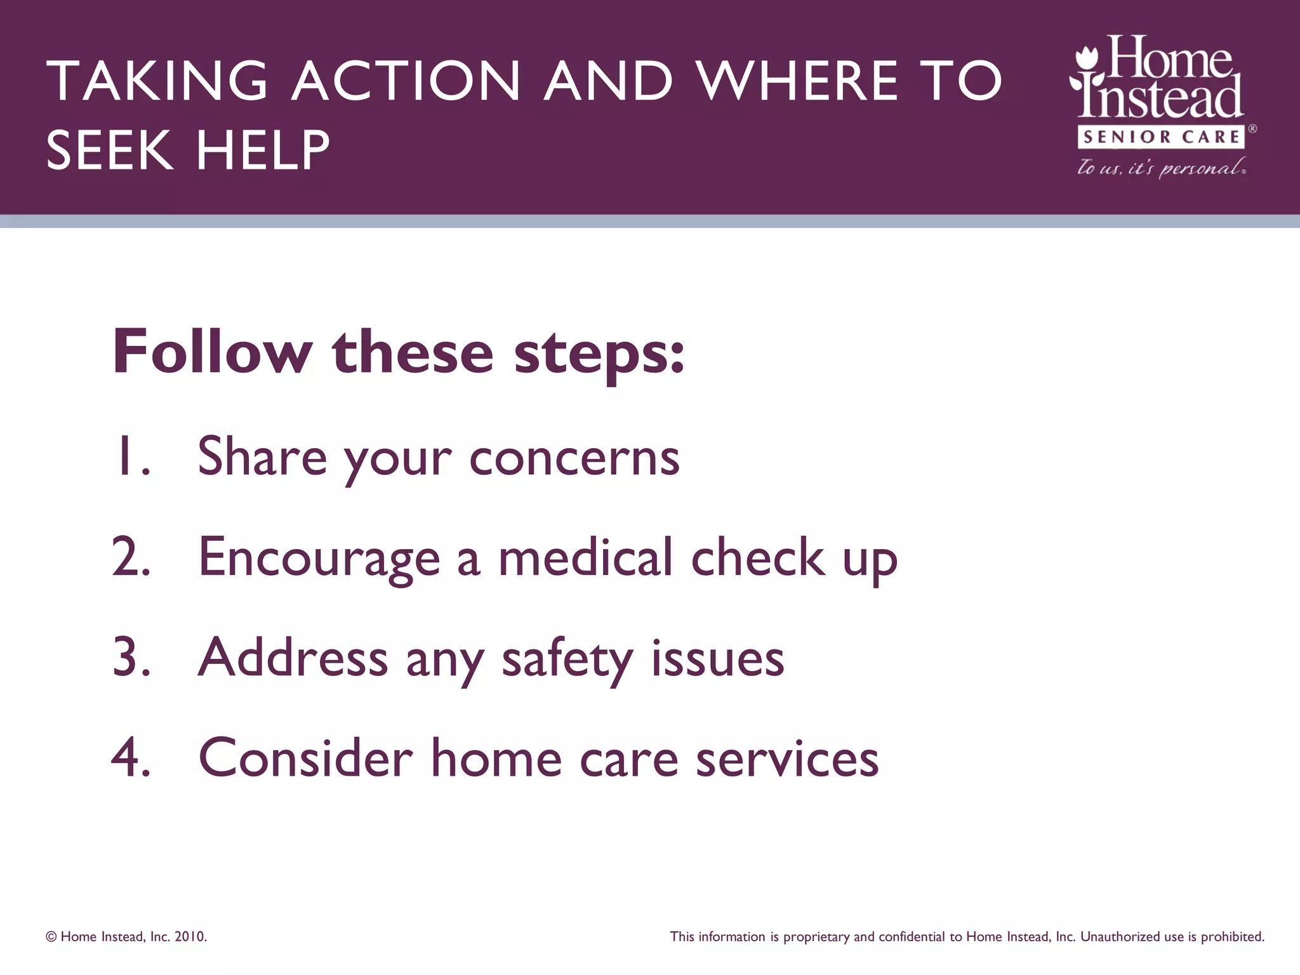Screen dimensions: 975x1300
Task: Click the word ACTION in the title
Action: pyautogui.click(x=406, y=81)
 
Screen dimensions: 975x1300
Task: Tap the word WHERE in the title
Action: pyautogui.click(x=797, y=81)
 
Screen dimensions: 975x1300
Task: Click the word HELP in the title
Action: pyautogui.click(x=263, y=150)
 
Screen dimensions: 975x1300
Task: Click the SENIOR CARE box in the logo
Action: pyautogui.click(x=1162, y=136)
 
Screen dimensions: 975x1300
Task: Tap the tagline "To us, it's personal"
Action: pyautogui.click(x=1161, y=168)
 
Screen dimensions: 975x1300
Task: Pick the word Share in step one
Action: pyautogui.click(x=262, y=456)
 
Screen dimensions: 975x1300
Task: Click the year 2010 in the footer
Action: pyautogui.click(x=190, y=937)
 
